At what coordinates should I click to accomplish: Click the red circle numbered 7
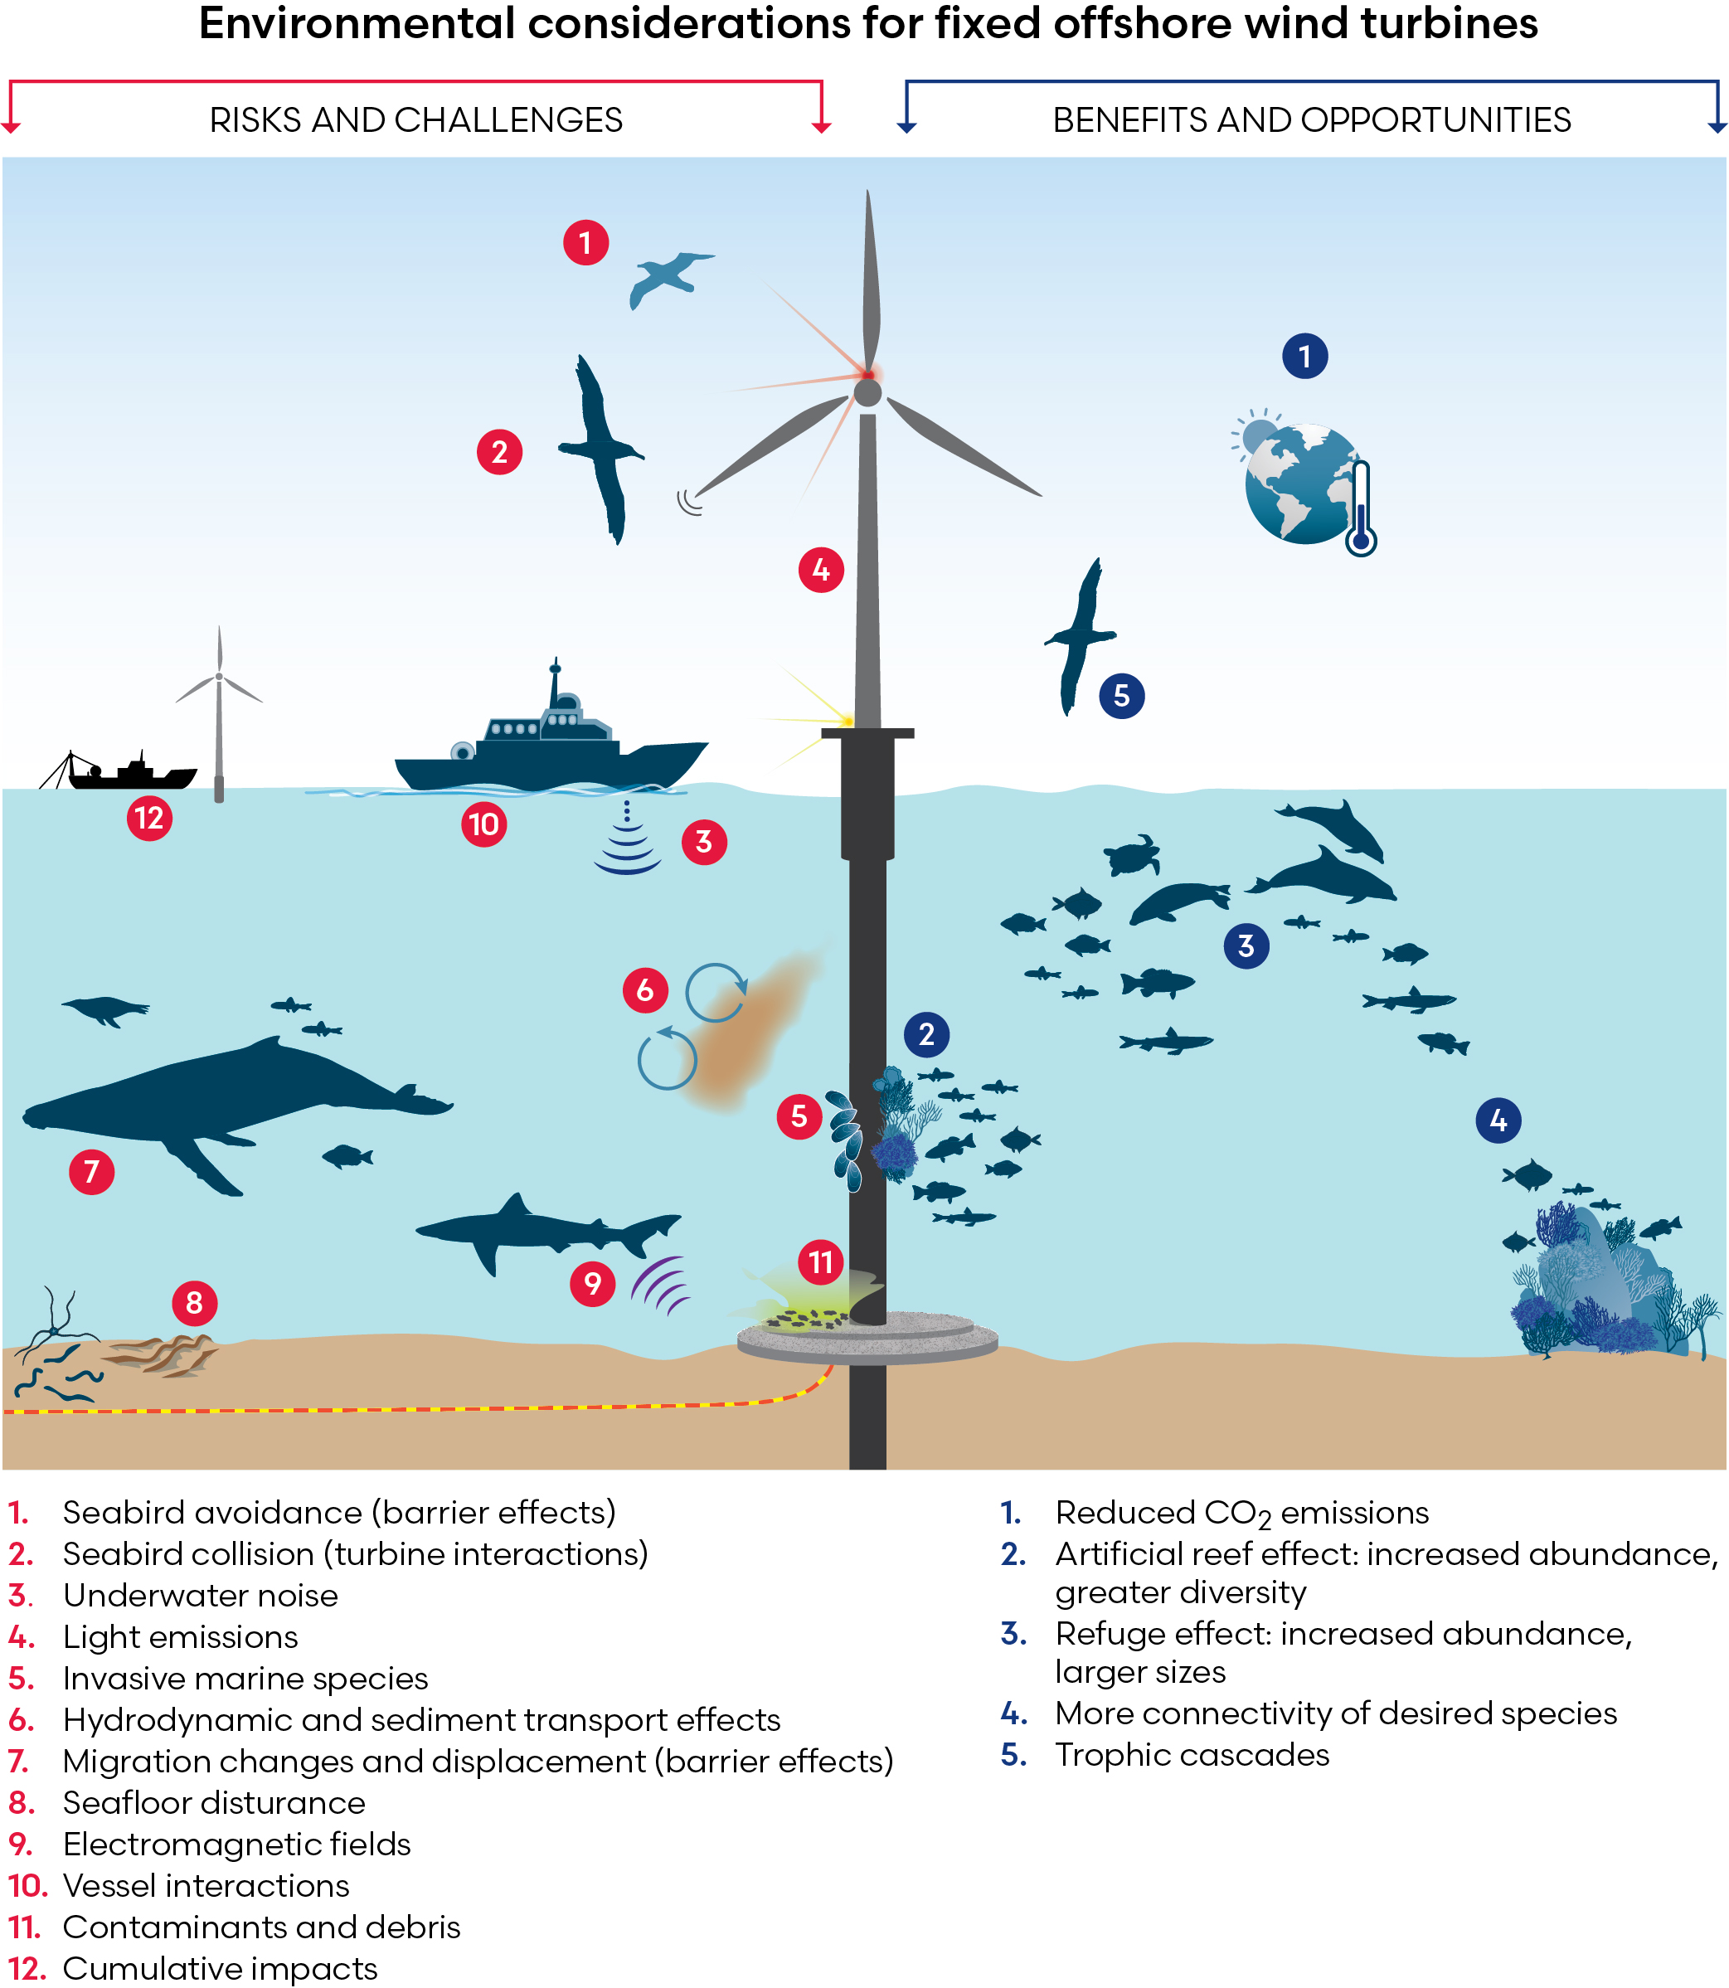[92, 1172]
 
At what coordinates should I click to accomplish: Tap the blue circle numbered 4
[1498, 1120]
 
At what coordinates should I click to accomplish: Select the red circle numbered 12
[149, 819]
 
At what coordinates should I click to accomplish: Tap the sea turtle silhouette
[1131, 854]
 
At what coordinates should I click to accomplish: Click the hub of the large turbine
[867, 391]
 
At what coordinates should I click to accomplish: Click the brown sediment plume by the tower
[748, 1033]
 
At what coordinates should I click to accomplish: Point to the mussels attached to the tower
[846, 1139]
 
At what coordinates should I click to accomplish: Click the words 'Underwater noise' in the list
[200, 1595]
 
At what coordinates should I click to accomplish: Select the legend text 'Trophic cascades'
[1192, 1754]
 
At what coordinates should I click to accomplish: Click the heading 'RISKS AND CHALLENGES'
[415, 119]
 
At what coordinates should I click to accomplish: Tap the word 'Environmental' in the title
[357, 23]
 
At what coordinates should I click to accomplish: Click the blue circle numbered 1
[1304, 356]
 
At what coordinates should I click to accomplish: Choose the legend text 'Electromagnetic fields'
[236, 1845]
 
